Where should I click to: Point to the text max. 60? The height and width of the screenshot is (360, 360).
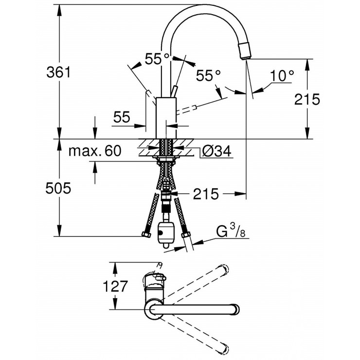point(94,151)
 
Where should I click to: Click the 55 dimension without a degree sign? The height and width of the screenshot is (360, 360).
point(122,117)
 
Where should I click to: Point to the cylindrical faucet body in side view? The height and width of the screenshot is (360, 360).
point(165,117)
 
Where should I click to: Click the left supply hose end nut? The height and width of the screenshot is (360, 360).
point(145,235)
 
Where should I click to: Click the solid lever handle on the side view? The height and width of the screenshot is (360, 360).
point(174,93)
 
